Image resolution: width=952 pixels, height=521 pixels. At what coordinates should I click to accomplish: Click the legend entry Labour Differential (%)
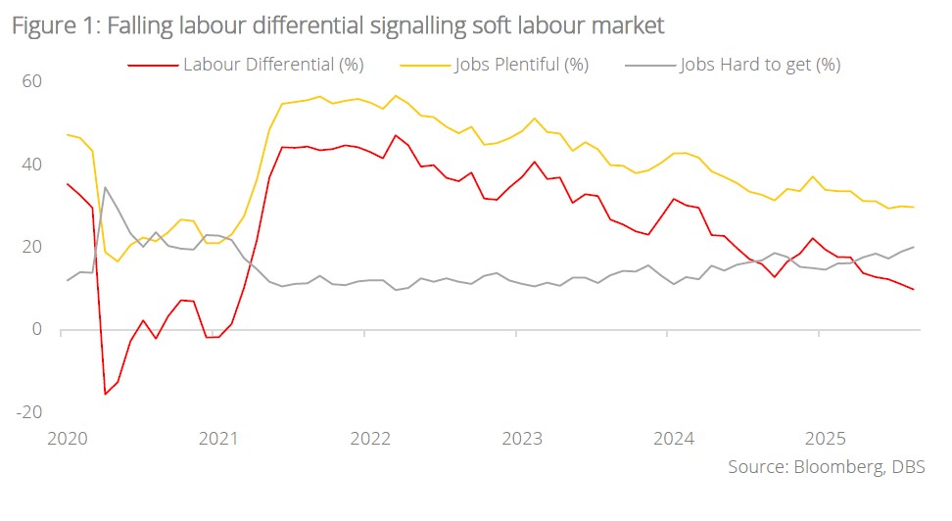tap(273, 65)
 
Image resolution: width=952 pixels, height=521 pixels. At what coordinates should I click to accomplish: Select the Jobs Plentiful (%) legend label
tap(521, 65)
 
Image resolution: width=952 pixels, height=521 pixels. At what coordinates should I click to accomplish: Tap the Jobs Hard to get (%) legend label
tap(760, 65)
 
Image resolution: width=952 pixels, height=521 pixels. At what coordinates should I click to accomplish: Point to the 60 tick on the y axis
tap(32, 80)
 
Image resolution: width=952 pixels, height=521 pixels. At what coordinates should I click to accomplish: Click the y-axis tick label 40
tap(32, 164)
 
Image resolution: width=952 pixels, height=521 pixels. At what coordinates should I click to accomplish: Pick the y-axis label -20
tap(29, 411)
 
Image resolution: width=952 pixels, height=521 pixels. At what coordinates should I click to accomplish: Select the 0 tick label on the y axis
tap(37, 329)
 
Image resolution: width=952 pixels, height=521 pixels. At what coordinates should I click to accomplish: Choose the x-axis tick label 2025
tap(824, 438)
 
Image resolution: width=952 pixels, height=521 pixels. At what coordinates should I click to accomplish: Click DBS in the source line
tap(908, 467)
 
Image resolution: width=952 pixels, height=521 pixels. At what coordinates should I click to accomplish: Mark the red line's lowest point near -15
tap(105, 394)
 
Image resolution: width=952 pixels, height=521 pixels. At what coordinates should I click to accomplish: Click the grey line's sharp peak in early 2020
tap(105, 187)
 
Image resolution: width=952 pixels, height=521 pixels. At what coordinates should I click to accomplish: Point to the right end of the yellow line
tap(914, 207)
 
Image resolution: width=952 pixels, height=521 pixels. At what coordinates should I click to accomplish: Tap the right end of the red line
tap(914, 289)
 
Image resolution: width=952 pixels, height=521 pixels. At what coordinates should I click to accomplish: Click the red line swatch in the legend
tap(153, 66)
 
